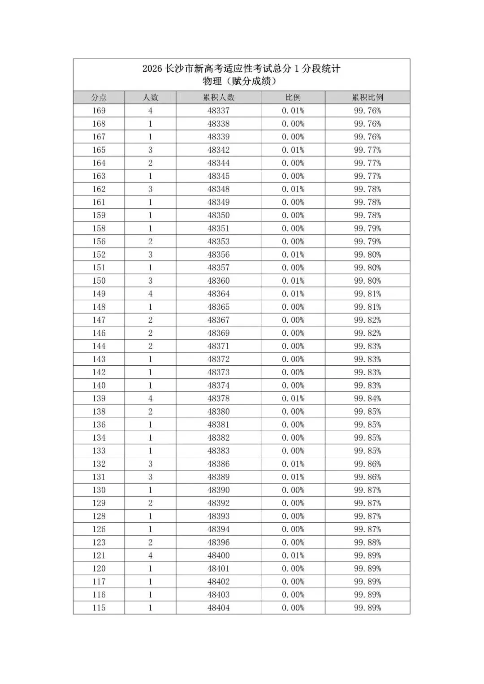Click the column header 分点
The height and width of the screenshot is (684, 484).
99,97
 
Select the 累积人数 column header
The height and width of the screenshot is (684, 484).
218,97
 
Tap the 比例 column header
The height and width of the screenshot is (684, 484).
293,97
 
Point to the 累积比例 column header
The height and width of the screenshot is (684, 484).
367,97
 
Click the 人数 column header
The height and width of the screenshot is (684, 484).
150,97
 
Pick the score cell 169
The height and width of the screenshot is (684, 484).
99,111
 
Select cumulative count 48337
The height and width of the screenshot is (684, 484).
218,111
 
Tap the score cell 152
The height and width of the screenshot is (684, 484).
99,255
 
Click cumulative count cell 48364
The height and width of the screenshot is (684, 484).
218,294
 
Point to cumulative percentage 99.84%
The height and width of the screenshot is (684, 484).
367,398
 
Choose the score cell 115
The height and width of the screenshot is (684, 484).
99,608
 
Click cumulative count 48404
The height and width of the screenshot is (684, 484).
218,608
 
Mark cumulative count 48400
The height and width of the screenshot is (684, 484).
218,555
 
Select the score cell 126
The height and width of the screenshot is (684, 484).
99,529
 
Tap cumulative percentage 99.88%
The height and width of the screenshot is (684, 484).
367,542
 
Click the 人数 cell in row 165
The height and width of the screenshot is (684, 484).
150,150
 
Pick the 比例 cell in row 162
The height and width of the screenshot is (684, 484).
293,189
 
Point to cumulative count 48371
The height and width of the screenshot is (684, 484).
218,346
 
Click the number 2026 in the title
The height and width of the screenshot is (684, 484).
151,69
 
